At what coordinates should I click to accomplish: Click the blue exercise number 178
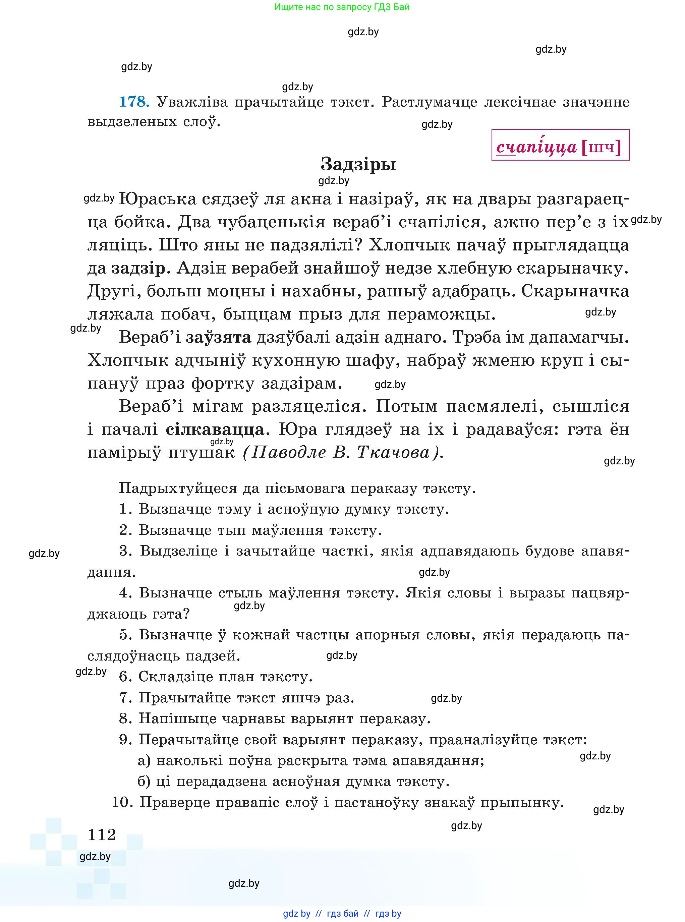[133, 102]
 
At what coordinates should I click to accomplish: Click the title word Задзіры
[358, 165]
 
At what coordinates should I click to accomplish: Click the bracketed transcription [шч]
[602, 147]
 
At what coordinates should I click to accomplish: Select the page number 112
[102, 834]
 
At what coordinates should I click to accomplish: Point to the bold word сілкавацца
[215, 429]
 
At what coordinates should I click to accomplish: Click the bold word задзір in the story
[138, 269]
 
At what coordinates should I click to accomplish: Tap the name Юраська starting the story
[158, 199]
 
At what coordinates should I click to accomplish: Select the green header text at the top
[342, 7]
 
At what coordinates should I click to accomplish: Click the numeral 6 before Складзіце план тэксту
[125, 677]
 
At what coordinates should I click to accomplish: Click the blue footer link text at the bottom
[342, 913]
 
